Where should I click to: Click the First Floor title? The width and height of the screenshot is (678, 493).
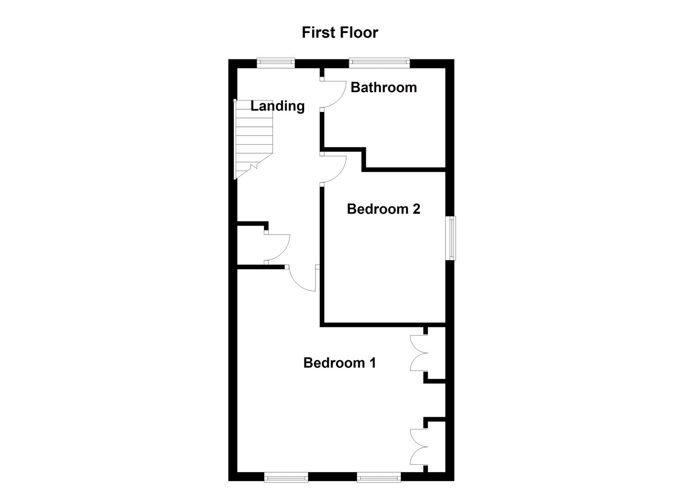click(x=340, y=33)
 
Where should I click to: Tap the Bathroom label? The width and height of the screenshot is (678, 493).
click(x=384, y=87)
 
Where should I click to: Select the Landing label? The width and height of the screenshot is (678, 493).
click(x=278, y=106)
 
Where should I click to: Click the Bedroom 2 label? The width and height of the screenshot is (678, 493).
click(x=383, y=209)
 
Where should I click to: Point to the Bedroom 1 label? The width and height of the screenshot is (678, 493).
click(x=339, y=363)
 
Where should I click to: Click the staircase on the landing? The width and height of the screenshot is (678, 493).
click(x=253, y=139)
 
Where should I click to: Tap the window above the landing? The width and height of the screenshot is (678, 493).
click(x=275, y=63)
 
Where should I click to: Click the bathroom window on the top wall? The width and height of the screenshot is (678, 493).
click(x=379, y=63)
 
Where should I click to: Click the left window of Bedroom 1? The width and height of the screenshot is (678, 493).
click(x=286, y=477)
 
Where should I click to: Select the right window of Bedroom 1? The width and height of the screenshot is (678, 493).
click(x=379, y=477)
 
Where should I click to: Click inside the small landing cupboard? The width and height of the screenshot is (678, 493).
click(x=251, y=245)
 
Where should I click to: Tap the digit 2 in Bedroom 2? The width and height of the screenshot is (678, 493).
click(x=415, y=209)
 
